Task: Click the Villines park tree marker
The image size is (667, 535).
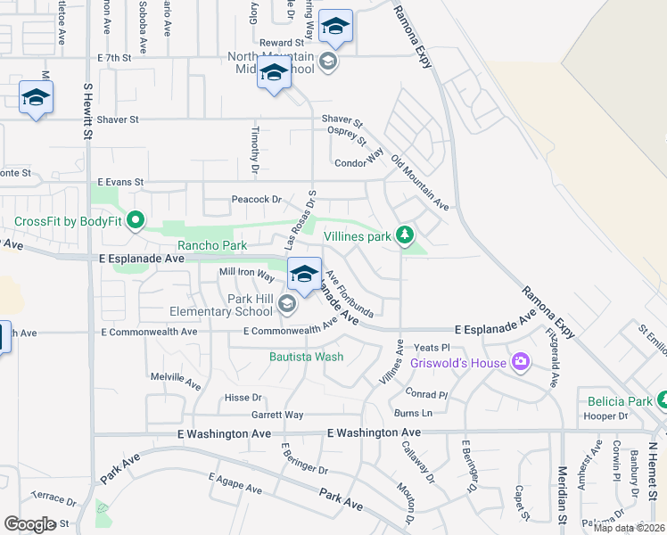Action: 406,235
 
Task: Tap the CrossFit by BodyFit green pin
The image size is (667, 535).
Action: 136,219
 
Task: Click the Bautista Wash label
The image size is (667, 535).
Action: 307,358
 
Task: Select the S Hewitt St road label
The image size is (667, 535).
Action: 87,111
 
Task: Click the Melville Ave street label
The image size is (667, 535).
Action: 176,381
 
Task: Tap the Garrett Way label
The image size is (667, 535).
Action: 276,415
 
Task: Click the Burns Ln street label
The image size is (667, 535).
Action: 413,413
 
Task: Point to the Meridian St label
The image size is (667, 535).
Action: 562,488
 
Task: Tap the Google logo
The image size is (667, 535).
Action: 29,524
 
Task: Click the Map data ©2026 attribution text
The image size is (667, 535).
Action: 629,528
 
